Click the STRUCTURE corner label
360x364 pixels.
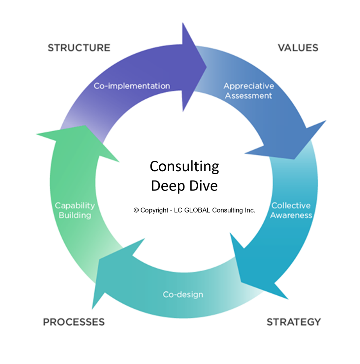click(79, 48)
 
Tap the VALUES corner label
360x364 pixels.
click(298, 48)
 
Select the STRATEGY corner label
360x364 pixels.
click(293, 322)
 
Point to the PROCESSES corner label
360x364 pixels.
click(74, 322)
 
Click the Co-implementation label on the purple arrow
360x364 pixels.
click(132, 86)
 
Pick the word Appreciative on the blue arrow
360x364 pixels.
click(249, 86)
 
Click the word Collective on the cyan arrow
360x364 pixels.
click(291, 206)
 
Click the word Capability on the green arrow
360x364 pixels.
click(75, 206)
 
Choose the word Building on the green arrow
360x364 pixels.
click(75, 215)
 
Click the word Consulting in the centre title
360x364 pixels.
click(184, 167)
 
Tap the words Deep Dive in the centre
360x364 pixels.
click(184, 186)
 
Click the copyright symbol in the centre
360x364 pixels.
click(136, 210)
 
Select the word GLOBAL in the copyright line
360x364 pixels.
click(193, 210)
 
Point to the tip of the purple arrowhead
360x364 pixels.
click(207, 67)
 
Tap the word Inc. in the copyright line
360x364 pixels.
click(249, 210)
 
